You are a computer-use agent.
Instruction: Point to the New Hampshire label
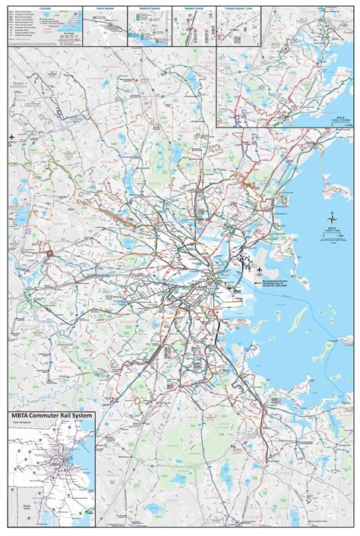22,424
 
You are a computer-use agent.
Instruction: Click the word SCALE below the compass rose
331,226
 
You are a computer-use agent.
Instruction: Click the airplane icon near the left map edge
13,137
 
